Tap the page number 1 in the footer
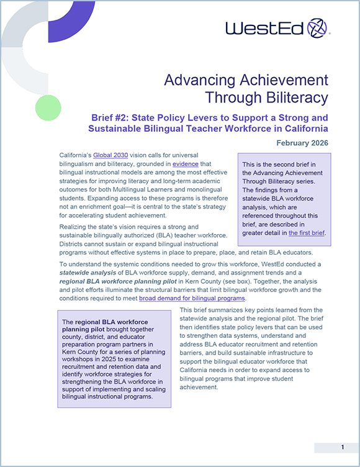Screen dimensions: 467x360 [x=343, y=447]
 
